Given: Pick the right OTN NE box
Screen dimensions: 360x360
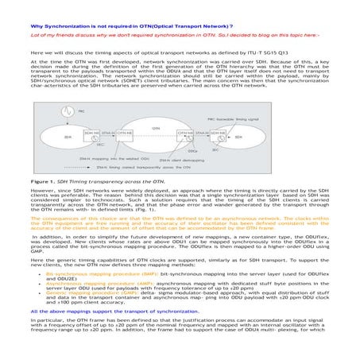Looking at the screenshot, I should tap(184, 134).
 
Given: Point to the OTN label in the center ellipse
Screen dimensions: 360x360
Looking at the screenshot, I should tap(156, 127).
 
